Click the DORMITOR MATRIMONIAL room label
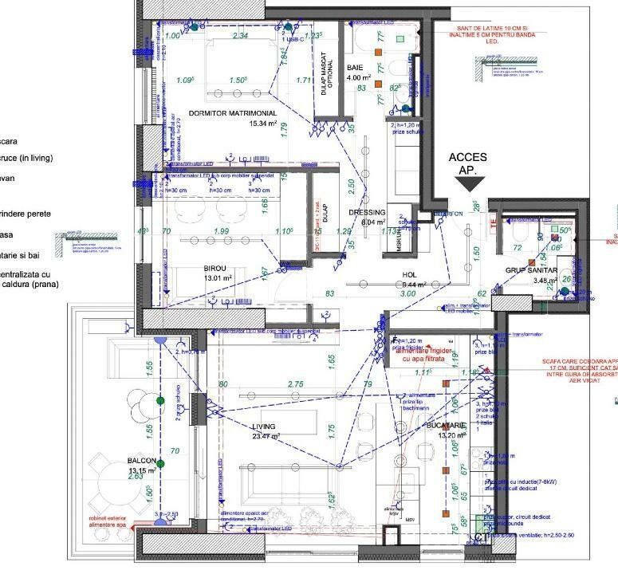point(232,113)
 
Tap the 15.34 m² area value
point(262,124)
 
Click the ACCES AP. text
point(467,164)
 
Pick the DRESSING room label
point(367,213)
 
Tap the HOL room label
point(410,274)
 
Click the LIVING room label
point(263,427)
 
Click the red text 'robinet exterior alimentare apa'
point(108,522)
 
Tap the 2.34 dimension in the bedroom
point(239,36)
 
